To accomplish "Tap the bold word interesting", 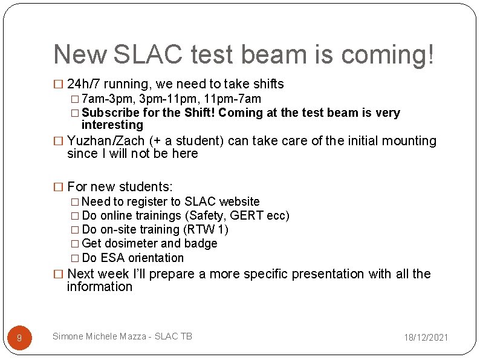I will pos(112,125).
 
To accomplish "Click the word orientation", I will pos(155,258).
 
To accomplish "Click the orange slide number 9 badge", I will pos(19,338).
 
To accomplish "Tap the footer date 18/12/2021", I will pos(426,337).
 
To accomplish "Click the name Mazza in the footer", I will pos(134,336).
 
